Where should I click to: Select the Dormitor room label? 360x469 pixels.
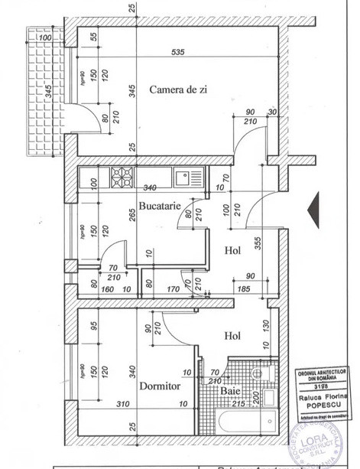pos(160,386)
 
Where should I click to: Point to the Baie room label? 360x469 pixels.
pos(232,391)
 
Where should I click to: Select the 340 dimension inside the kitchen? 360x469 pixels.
pos(150,188)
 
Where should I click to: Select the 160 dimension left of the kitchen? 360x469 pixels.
pos(107,290)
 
